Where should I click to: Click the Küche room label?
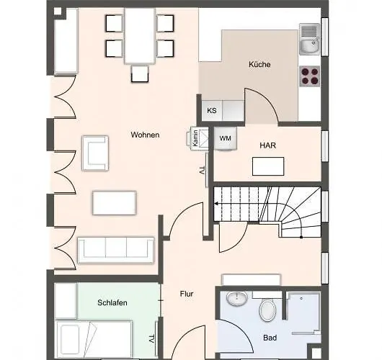(x=259, y=65)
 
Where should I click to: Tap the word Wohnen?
(x=145, y=135)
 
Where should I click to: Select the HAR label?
(x=267, y=145)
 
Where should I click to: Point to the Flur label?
(x=187, y=294)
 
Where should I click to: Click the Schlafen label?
(x=112, y=302)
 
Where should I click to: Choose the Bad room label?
(x=270, y=338)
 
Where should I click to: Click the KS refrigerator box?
(x=212, y=110)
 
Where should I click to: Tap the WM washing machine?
(x=226, y=138)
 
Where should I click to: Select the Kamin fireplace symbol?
(x=197, y=138)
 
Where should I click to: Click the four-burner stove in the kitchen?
(x=309, y=76)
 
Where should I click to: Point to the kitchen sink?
(x=309, y=39)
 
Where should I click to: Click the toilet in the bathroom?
(x=267, y=310)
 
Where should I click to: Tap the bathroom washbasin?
(x=237, y=299)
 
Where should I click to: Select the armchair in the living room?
(x=95, y=153)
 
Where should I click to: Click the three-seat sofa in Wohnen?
(x=116, y=251)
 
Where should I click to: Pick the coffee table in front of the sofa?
(x=115, y=203)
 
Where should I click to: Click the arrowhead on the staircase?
(x=216, y=204)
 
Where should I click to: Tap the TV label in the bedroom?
(x=151, y=339)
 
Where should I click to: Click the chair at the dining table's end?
(x=140, y=73)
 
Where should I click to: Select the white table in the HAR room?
(x=268, y=166)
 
